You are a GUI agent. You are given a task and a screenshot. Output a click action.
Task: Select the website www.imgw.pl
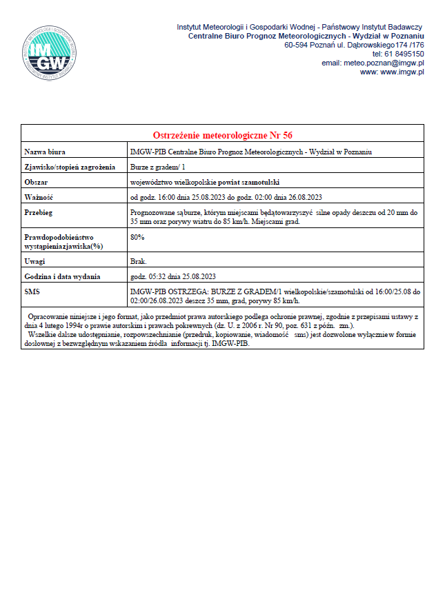click(402, 72)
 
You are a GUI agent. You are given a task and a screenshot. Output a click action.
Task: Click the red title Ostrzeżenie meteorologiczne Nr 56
click(222, 134)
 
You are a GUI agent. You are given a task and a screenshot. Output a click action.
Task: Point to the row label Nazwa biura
click(45, 152)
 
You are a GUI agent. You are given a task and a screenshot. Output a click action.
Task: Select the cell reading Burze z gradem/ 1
click(157, 167)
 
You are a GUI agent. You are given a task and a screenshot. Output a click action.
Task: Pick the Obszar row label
click(36, 182)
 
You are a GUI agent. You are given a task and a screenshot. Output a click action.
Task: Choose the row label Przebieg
click(39, 213)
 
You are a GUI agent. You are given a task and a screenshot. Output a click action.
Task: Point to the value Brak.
click(139, 262)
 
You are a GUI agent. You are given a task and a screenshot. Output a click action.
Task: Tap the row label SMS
click(32, 292)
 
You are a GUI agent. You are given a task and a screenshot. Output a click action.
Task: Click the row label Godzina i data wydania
click(63, 276)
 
